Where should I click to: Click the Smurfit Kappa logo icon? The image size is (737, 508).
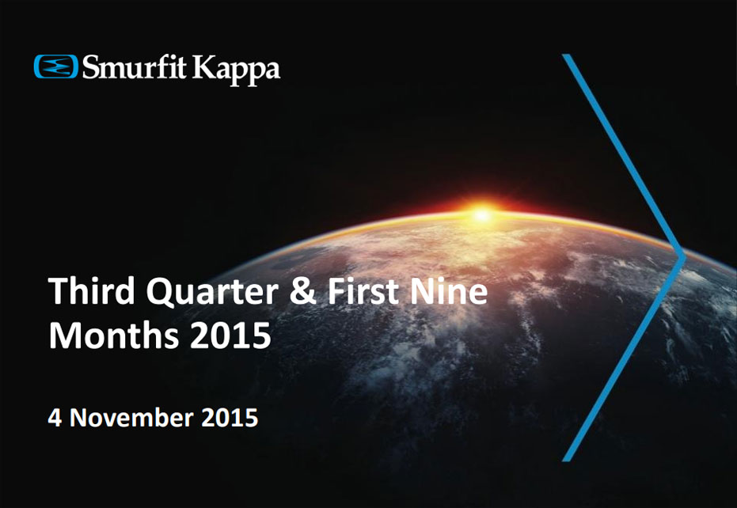coord(55,66)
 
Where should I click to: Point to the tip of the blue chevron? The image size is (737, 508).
coord(682,257)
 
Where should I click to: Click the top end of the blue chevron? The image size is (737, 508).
coord(567,57)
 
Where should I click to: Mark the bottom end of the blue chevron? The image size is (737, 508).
coord(567,457)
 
